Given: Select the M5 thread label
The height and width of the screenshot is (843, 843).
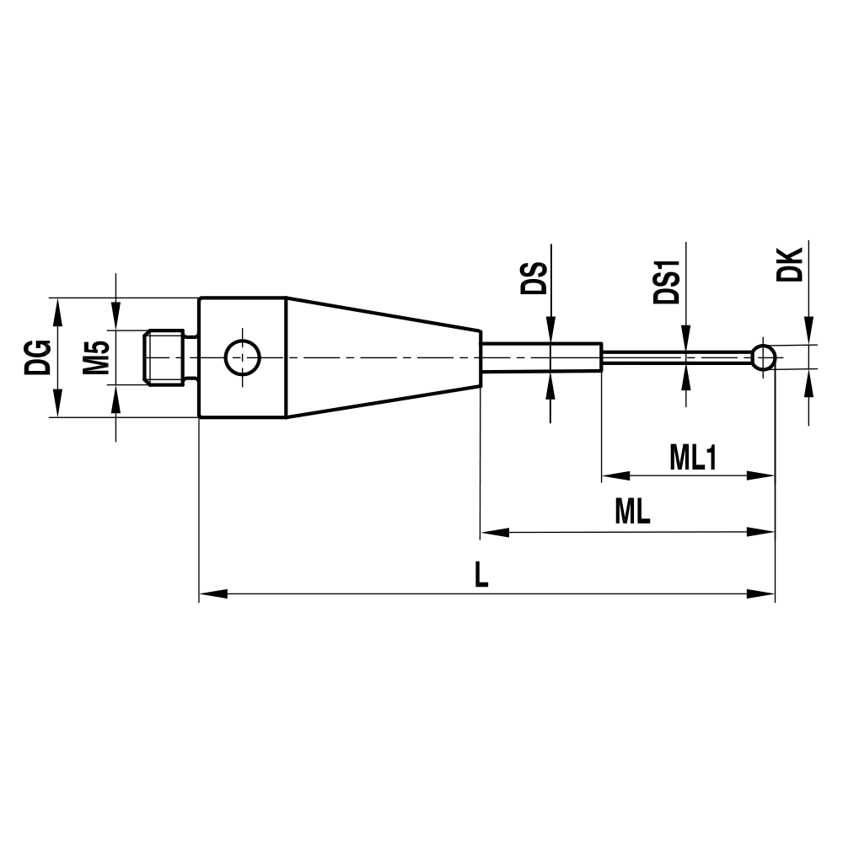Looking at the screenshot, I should (x=96, y=357).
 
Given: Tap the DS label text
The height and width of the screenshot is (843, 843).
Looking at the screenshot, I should (x=533, y=278).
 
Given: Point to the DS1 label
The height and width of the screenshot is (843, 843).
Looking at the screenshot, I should (x=668, y=282).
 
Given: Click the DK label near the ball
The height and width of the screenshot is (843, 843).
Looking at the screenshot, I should (x=791, y=265).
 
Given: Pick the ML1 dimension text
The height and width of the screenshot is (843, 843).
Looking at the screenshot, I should (x=692, y=458).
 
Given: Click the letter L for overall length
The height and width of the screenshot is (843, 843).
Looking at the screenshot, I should (x=481, y=576).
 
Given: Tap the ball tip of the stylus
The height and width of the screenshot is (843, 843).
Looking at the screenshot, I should (x=764, y=357).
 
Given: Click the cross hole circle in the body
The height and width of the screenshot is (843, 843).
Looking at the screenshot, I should (x=241, y=357).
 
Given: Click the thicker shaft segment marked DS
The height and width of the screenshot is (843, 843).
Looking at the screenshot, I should (x=541, y=357).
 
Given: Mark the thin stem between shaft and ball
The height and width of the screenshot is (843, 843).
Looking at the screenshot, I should (x=674, y=357).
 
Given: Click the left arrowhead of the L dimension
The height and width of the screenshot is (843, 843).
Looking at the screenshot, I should (x=211, y=594).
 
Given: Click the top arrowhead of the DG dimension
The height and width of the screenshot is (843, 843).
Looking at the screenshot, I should (x=57, y=309).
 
